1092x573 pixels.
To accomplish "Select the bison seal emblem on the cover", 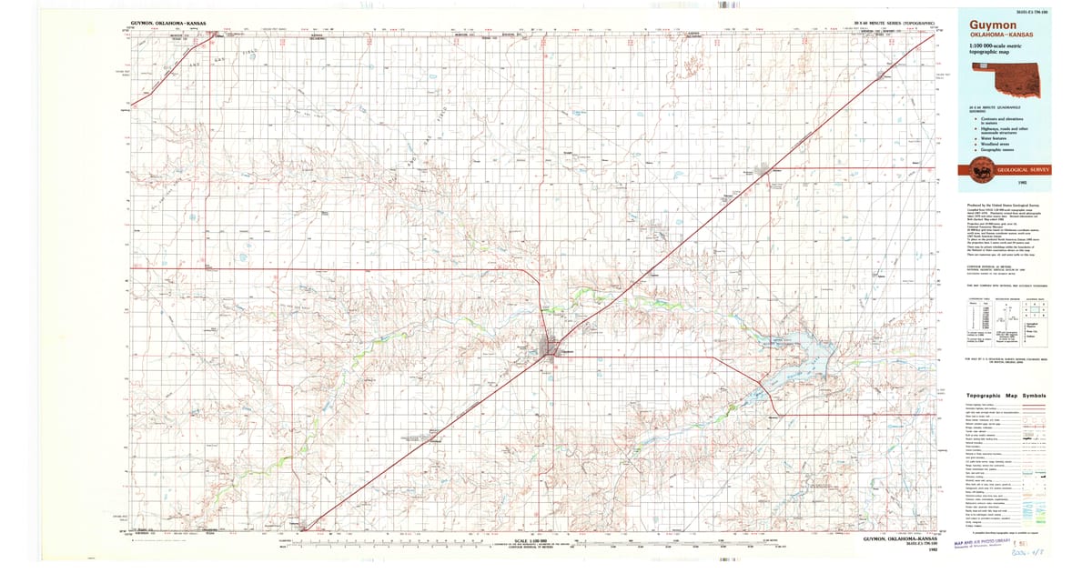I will click(982, 168).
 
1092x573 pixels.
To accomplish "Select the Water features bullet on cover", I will click(992, 136).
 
